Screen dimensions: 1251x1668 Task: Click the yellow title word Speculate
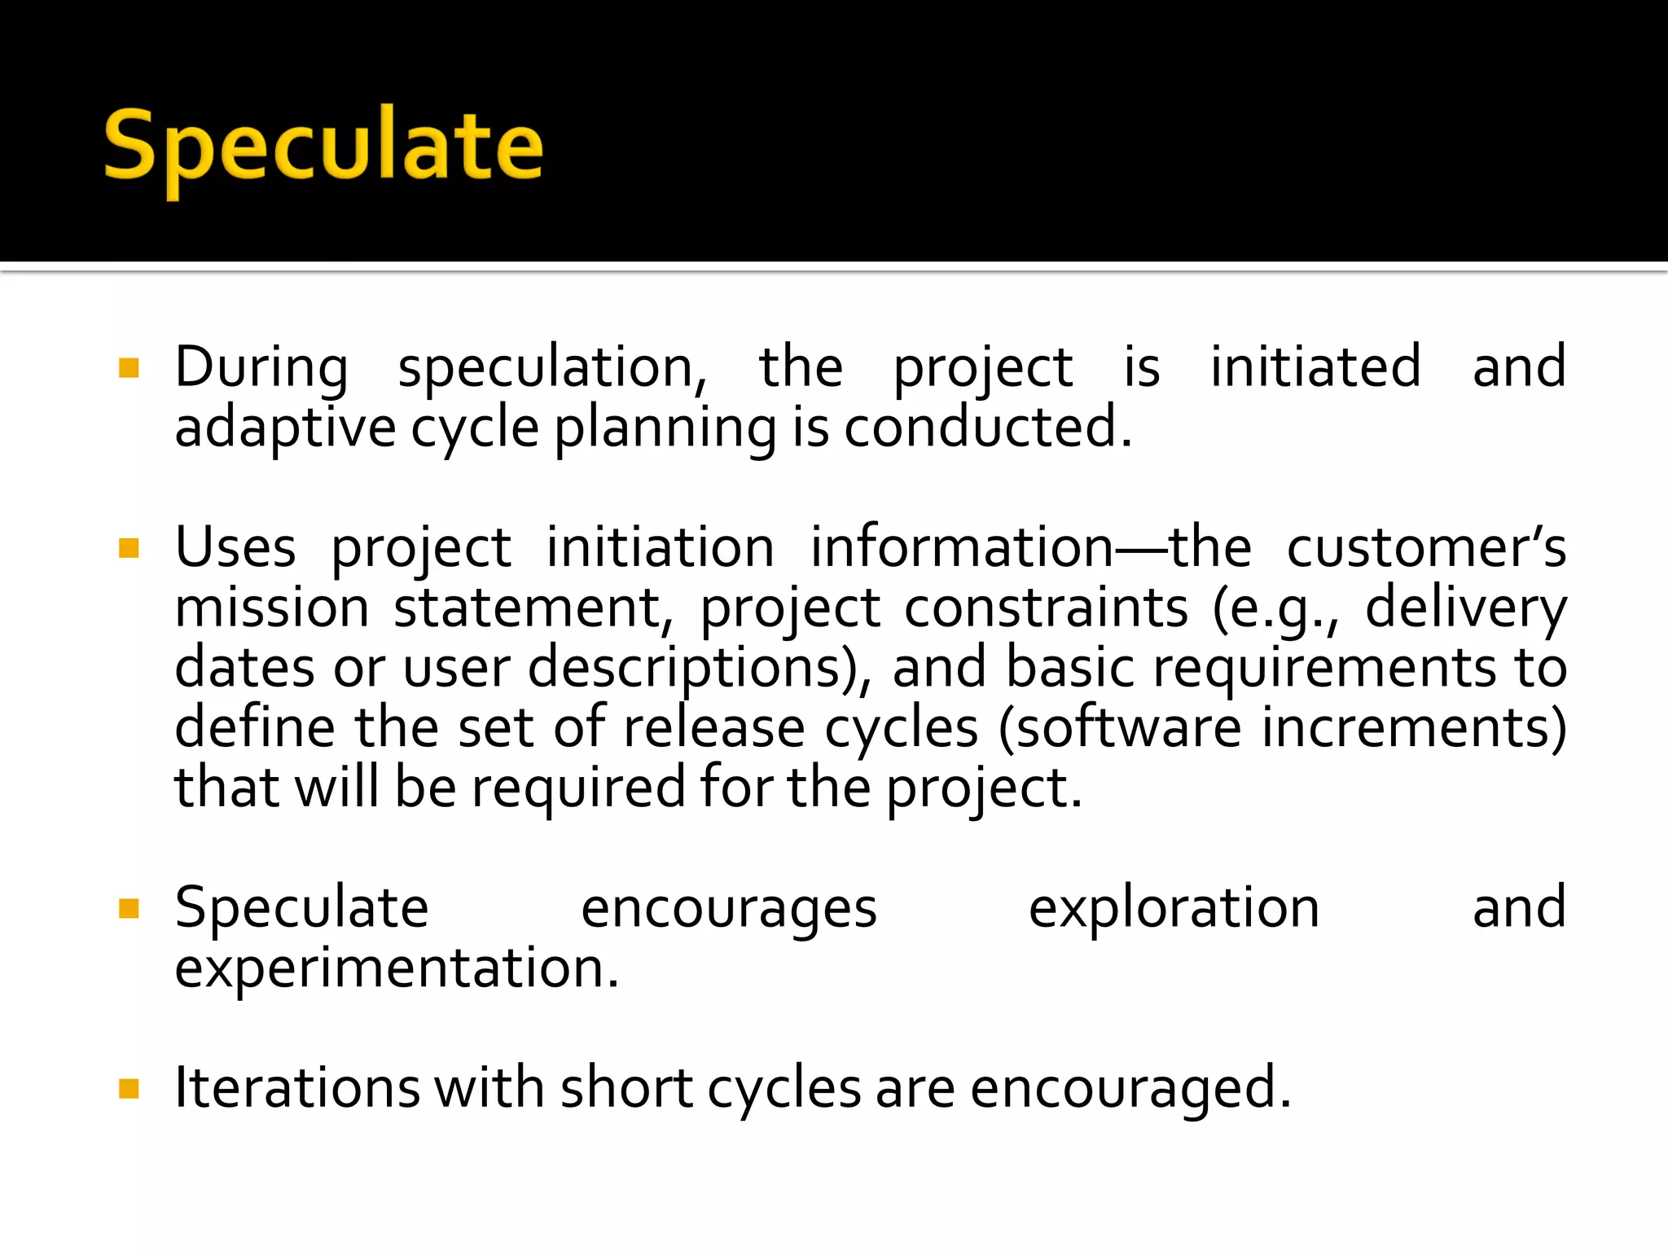pos(323,147)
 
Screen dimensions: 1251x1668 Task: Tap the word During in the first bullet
pos(261,368)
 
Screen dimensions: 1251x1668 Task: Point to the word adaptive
pos(285,428)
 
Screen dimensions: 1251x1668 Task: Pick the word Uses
pos(235,547)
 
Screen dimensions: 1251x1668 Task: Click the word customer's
pos(1426,547)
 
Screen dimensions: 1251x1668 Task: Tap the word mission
pos(272,608)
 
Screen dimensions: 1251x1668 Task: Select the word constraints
pos(1046,608)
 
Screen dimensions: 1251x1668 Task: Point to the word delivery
pos(1465,609)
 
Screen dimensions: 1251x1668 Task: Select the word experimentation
pos(397,968)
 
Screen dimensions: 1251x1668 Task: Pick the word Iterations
pos(296,1088)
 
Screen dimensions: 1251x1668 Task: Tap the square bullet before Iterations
pos(129,1089)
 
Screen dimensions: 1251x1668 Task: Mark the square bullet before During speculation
pos(129,368)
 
